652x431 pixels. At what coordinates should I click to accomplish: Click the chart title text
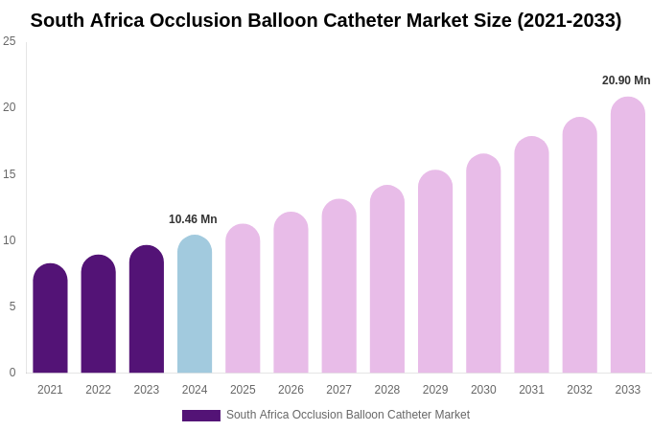(x=326, y=20)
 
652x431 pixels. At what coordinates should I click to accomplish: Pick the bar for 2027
(x=338, y=286)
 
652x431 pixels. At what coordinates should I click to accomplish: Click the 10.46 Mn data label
(x=193, y=219)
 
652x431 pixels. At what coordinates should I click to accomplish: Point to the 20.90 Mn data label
(x=626, y=80)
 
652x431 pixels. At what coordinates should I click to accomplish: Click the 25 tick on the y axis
(x=10, y=41)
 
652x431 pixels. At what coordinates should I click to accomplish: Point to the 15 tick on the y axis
(x=10, y=174)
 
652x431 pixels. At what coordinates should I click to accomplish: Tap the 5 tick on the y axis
(x=12, y=306)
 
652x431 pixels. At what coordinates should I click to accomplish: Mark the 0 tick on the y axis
(x=12, y=373)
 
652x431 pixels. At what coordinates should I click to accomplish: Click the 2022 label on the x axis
(x=98, y=390)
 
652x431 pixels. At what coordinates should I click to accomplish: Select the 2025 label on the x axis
(x=243, y=390)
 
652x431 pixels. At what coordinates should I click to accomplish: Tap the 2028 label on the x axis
(x=387, y=390)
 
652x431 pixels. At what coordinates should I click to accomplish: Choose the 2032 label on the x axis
(x=579, y=390)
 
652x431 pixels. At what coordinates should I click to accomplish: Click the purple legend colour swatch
(x=201, y=416)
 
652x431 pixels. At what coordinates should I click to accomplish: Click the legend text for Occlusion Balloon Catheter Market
(x=348, y=415)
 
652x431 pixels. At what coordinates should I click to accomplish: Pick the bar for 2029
(x=435, y=272)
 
